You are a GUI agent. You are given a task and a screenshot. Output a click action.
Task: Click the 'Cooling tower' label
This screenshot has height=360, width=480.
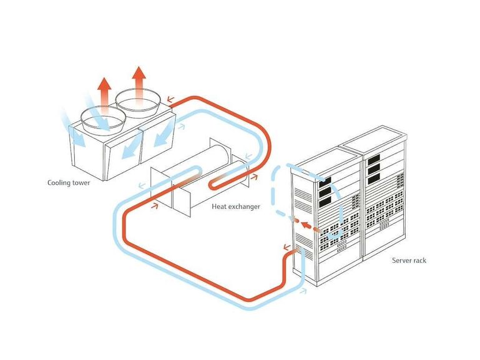coord(69,183)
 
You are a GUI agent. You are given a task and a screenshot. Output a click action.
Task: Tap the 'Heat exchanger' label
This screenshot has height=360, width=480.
coord(236,207)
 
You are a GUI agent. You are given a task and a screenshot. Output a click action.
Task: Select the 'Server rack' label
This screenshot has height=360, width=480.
coord(409,260)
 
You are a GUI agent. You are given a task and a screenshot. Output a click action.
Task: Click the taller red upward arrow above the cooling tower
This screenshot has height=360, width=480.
coord(139,82)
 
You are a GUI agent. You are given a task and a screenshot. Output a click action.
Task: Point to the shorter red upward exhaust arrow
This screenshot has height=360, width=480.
coord(104,93)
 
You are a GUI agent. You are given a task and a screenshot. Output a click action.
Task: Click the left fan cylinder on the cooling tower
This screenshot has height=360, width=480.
coord(104,119)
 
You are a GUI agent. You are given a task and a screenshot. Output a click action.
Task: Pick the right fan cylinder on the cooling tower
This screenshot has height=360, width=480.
coord(138,102)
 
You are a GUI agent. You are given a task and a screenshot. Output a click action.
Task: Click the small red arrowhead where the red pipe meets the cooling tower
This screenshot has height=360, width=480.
coord(170,99)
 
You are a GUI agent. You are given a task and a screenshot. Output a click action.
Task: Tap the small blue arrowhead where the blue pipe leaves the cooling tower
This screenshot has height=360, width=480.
coord(182,125)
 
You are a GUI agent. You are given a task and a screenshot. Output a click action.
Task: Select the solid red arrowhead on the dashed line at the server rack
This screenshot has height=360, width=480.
coord(305,225)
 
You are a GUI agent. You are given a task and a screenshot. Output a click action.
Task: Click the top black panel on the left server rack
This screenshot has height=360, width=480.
coord(325,182)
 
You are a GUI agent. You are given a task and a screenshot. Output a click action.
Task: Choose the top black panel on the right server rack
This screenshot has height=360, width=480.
coord(374,159)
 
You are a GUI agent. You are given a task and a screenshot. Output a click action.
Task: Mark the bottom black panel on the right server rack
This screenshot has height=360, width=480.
coord(374,178)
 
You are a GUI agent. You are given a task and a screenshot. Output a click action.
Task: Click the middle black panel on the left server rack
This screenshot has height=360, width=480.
coord(325,192)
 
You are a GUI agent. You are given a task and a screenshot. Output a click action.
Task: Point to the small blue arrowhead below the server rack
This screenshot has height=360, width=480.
coord(303,291)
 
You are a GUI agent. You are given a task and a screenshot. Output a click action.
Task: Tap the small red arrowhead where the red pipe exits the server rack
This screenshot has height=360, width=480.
coord(287,246)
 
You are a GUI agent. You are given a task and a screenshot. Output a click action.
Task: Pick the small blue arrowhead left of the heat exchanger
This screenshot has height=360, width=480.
coord(142,185)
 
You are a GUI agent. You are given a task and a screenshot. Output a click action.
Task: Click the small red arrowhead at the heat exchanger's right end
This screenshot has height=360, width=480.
coord(254,177)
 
